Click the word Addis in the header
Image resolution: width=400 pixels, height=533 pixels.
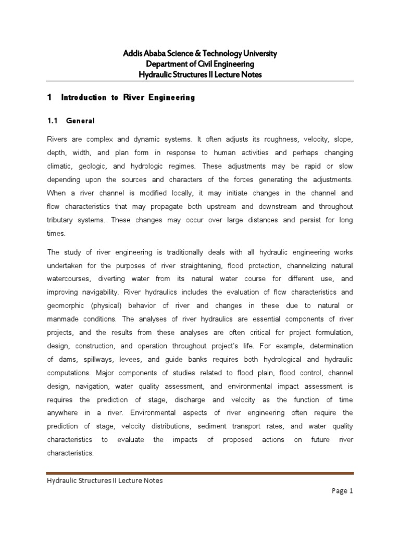pos(131,54)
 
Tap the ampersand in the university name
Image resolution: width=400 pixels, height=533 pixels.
pos(191,54)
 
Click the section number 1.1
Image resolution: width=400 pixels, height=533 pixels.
pos(53,121)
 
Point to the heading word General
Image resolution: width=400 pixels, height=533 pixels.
pos(81,121)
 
